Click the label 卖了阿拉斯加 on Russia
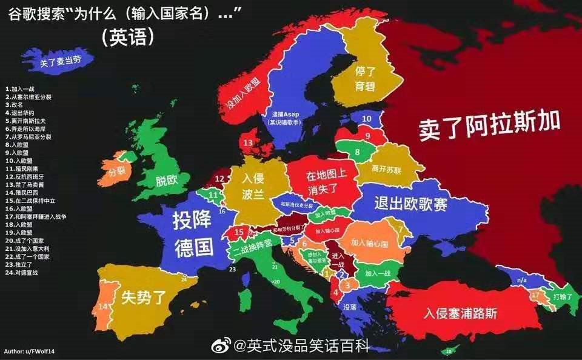pyautogui.click(x=488, y=126)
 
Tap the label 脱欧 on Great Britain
pyautogui.click(x=166, y=180)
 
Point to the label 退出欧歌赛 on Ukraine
pyautogui.click(x=411, y=204)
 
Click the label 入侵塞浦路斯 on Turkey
pyautogui.click(x=461, y=313)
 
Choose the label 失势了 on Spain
pyautogui.click(x=144, y=297)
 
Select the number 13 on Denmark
pyautogui.click(x=248, y=143)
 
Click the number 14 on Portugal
pyautogui.click(x=102, y=307)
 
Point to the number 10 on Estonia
pyautogui.click(x=367, y=118)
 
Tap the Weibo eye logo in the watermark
pyautogui.click(x=224, y=345)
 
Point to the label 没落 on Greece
pyautogui.click(x=351, y=308)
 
